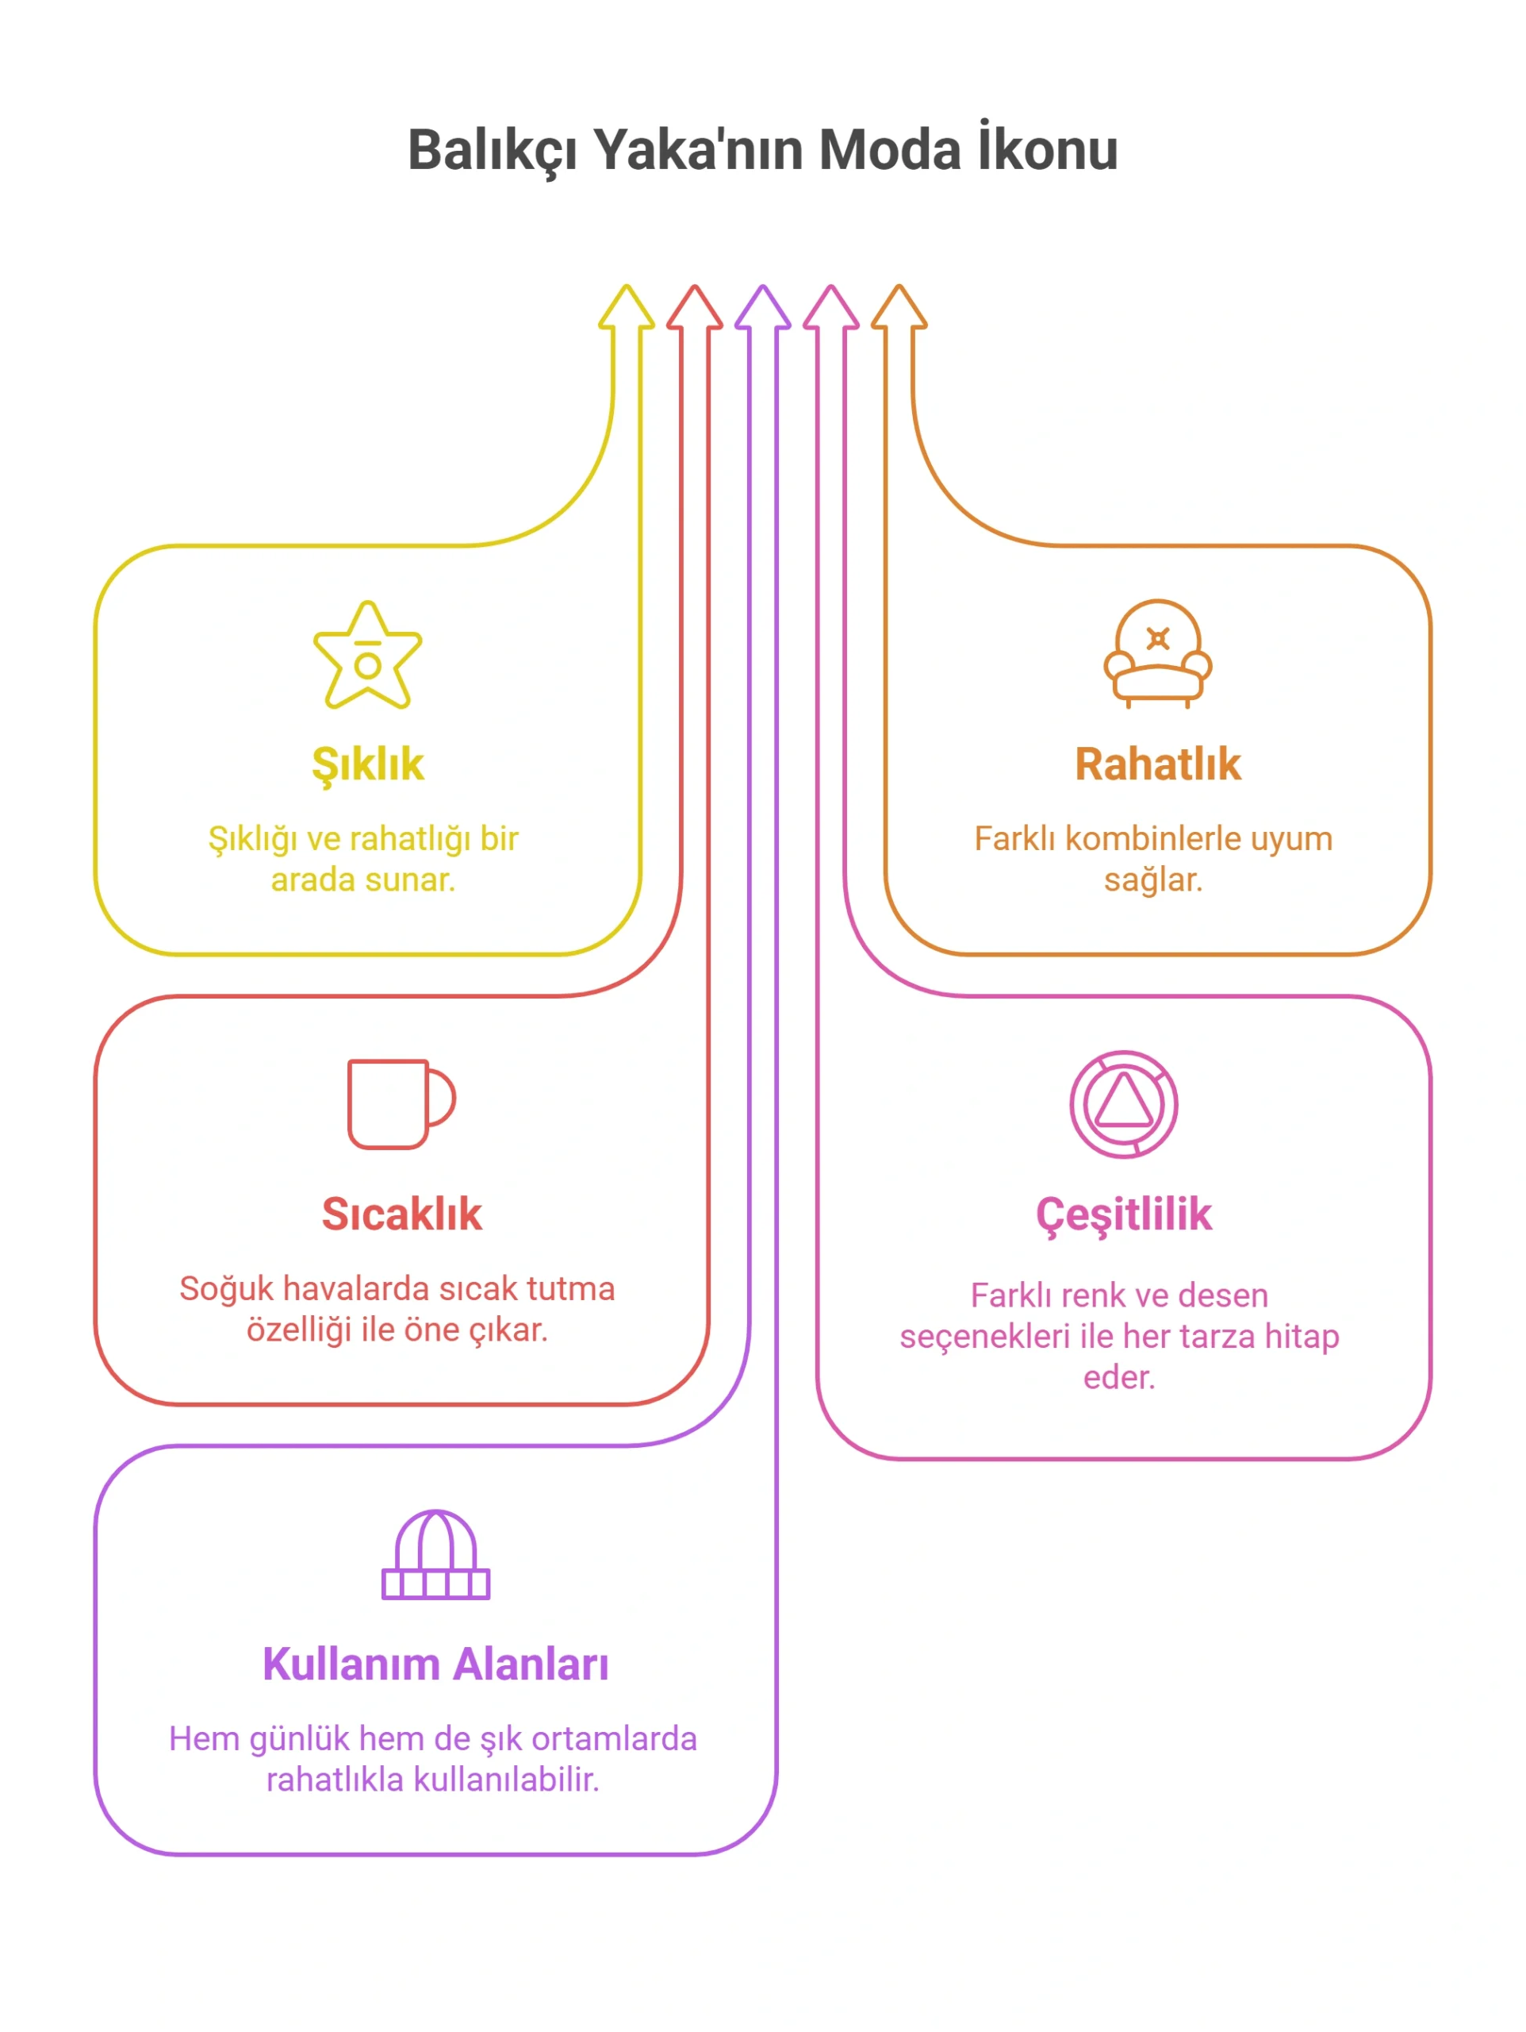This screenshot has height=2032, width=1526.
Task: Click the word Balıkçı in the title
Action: [492, 150]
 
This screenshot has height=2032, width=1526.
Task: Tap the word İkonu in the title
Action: [1048, 147]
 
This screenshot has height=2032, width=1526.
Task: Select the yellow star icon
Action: [367, 654]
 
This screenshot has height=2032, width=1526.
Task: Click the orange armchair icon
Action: [1157, 653]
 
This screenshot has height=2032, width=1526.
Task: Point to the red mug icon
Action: [401, 1103]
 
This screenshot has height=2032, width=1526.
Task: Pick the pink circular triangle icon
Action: [1123, 1103]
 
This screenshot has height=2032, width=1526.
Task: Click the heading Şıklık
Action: [367, 765]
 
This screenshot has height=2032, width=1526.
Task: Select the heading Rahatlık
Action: [1157, 764]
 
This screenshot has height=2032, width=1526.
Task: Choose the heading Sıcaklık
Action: [401, 1214]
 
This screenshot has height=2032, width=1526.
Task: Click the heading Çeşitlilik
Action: [1123, 1215]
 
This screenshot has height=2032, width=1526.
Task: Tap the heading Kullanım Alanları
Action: [435, 1664]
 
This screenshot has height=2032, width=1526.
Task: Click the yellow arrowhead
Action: [627, 307]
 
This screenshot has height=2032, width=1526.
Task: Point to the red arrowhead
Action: [694, 307]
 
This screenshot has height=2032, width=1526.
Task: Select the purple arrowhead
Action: [762, 307]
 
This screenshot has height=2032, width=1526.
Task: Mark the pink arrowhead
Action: [830, 307]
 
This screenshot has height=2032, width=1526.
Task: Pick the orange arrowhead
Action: [898, 307]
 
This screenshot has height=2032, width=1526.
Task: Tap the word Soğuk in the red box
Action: [226, 1289]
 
